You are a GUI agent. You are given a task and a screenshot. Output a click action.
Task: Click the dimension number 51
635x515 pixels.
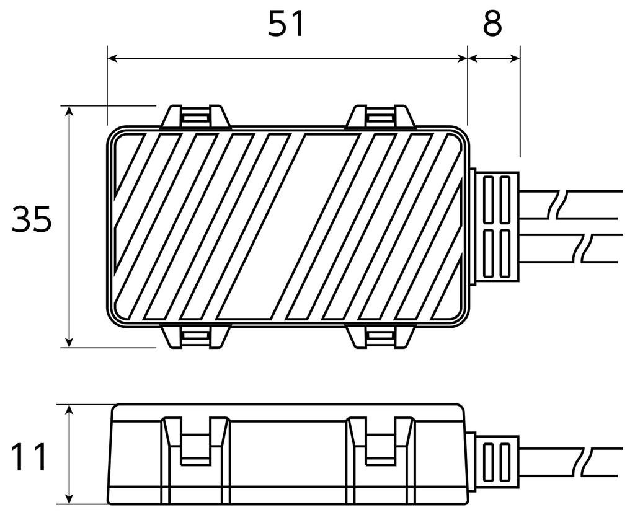tap(286, 24)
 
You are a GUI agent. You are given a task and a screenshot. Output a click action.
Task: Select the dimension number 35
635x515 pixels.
tap(32, 219)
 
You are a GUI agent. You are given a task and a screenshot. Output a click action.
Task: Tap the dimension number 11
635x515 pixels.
tap(29, 457)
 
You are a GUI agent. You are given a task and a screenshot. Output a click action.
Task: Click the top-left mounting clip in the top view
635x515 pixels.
tap(196, 117)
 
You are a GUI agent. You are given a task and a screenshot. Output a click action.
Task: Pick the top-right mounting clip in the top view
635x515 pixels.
tap(381, 117)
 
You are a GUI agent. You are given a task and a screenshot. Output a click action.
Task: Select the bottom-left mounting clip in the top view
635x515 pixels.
tap(196, 336)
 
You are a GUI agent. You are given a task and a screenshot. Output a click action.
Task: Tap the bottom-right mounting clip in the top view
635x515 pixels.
tap(381, 336)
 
